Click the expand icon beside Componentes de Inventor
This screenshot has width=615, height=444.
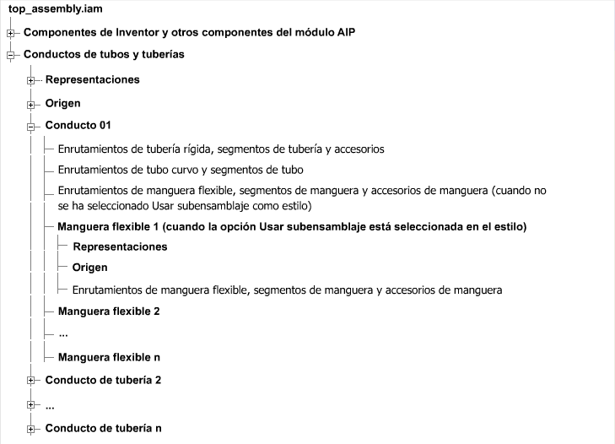pos(11,33)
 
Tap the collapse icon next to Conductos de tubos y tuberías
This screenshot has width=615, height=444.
pos(11,55)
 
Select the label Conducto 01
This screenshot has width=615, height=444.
pos(78,126)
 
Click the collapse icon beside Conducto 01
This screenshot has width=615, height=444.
pos(32,127)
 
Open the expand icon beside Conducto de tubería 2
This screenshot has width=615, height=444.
pos(32,380)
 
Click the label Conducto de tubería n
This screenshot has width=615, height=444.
pos(103,428)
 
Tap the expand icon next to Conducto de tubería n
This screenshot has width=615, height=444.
pos(32,429)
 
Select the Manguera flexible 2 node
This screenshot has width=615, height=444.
pos(109,311)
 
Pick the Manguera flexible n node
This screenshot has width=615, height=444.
pos(109,357)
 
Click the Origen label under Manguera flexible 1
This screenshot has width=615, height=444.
pos(90,268)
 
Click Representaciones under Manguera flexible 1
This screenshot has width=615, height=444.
pos(120,246)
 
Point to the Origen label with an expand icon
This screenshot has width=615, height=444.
pos(62,103)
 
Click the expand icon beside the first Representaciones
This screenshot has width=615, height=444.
pos(32,80)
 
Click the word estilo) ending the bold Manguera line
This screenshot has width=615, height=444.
pos(510,227)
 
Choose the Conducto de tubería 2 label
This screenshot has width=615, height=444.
pos(103,379)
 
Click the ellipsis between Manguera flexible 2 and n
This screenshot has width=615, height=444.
pos(63,334)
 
